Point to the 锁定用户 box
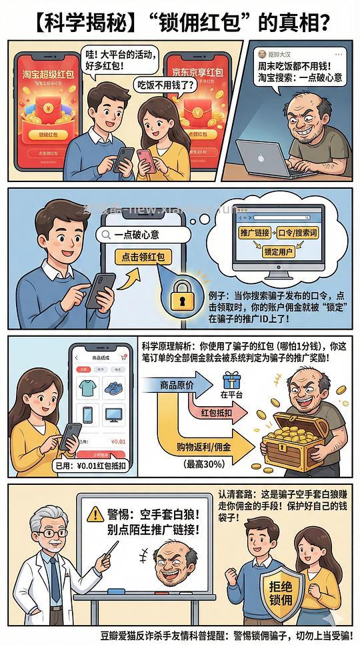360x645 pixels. coord(279,253)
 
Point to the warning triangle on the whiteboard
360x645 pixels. coord(96,514)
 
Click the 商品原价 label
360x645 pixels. coord(177,384)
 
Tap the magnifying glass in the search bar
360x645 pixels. coord(105,235)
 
